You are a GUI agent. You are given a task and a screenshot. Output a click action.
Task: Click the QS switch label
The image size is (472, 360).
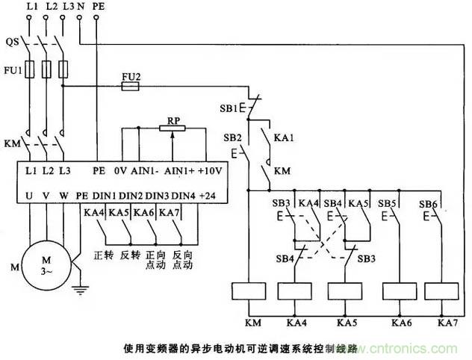pos(11,43)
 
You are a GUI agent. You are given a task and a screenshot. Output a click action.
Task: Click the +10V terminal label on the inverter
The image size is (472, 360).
pos(212,170)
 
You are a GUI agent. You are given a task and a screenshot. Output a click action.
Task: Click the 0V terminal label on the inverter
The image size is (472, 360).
pos(121,170)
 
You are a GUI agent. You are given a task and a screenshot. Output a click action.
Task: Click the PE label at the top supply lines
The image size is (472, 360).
pos(99,6)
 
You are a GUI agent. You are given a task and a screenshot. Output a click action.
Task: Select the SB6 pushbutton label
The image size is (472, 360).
pos(427,203)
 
